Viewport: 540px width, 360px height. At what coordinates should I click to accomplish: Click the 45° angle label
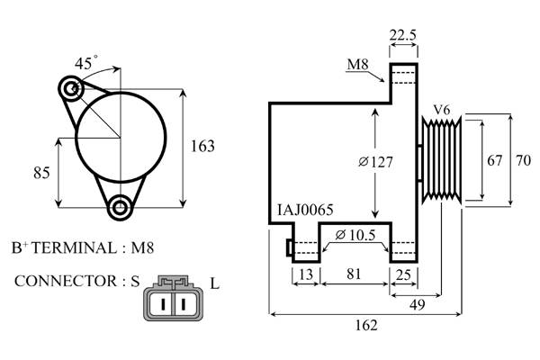pyautogui.click(x=86, y=63)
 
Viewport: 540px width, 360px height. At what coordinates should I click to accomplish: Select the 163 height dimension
pyautogui.click(x=202, y=146)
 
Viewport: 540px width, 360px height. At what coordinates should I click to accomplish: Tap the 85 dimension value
pyautogui.click(x=41, y=173)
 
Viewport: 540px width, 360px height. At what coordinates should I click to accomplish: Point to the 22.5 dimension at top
pyautogui.click(x=403, y=35)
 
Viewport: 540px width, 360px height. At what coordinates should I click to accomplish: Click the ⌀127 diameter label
pyautogui.click(x=375, y=162)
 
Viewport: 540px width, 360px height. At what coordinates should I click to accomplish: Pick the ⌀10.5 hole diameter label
pyautogui.click(x=355, y=235)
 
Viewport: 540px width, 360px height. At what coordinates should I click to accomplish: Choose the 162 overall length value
pyautogui.click(x=366, y=325)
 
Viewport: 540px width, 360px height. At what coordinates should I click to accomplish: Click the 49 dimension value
pyautogui.click(x=418, y=305)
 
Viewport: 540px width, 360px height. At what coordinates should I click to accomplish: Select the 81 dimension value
pyautogui.click(x=354, y=274)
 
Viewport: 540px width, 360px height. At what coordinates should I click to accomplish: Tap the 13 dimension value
pyautogui.click(x=306, y=274)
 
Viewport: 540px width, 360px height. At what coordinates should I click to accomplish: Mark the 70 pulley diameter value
pyautogui.click(x=524, y=160)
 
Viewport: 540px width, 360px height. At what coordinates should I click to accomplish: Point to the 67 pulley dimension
pyautogui.click(x=494, y=160)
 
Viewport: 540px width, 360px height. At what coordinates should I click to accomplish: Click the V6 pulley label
pyautogui.click(x=442, y=110)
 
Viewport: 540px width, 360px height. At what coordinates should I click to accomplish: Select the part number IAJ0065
pyautogui.click(x=305, y=210)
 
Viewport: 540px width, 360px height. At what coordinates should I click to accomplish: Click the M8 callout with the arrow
pyautogui.click(x=358, y=65)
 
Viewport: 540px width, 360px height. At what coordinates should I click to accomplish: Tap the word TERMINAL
pyautogui.click(x=75, y=248)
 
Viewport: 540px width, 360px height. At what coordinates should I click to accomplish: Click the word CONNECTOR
pyautogui.click(x=66, y=281)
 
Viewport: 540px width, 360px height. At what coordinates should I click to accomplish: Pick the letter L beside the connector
pyautogui.click(x=214, y=283)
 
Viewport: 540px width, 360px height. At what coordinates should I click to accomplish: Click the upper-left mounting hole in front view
pyautogui.click(x=71, y=89)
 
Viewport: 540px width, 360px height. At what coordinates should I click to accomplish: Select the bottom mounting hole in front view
pyautogui.click(x=121, y=207)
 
